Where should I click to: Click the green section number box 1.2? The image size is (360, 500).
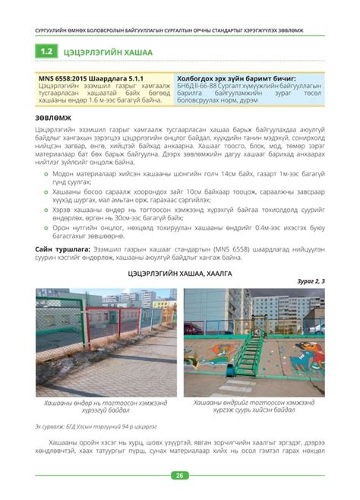point(46,52)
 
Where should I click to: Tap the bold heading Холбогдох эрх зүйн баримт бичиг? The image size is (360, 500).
point(236,78)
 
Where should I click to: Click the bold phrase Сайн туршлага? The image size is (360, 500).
point(63,248)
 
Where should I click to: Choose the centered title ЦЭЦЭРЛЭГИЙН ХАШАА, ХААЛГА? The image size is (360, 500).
point(180,273)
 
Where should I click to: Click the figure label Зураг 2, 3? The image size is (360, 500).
point(311,282)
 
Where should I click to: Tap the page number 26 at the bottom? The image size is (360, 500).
point(180,476)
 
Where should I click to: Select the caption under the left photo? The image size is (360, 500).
point(104,407)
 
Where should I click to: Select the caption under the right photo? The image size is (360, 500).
point(254,407)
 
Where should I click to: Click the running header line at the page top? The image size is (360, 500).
point(180,31)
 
